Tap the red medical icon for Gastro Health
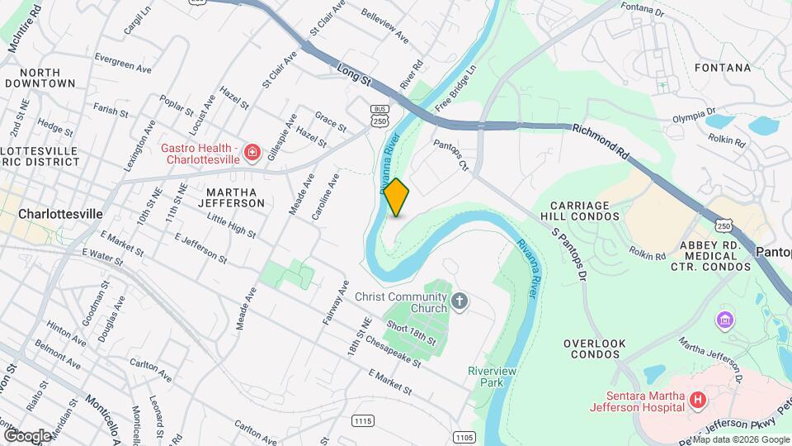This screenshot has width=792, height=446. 252,153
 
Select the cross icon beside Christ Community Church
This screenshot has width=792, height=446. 460,302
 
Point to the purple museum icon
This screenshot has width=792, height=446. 725,319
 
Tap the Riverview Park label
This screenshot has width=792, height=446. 492,377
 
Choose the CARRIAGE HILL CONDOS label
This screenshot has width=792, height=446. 585,211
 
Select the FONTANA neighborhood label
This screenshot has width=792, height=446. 723,68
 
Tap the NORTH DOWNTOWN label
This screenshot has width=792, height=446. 40,78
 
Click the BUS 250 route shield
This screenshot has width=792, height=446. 379,116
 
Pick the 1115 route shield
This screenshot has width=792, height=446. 364,420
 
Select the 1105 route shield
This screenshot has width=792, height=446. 464,435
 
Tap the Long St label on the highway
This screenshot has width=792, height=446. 356,79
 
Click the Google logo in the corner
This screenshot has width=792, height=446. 26,434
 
